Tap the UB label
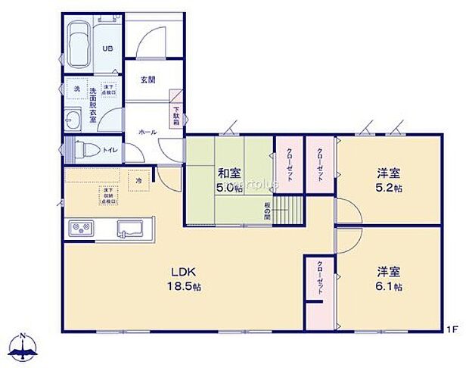pyautogui.click(x=107, y=48)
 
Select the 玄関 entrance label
pyautogui.click(x=148, y=80)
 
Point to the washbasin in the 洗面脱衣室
pyautogui.click(x=73, y=120)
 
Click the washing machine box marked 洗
pyautogui.click(x=76, y=89)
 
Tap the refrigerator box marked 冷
pyautogui.click(x=138, y=181)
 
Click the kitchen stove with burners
pyautogui.click(x=82, y=228)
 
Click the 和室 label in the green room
pyautogui.click(x=229, y=173)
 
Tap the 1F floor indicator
pyautogui.click(x=451, y=329)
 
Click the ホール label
pyautogui.click(x=147, y=132)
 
